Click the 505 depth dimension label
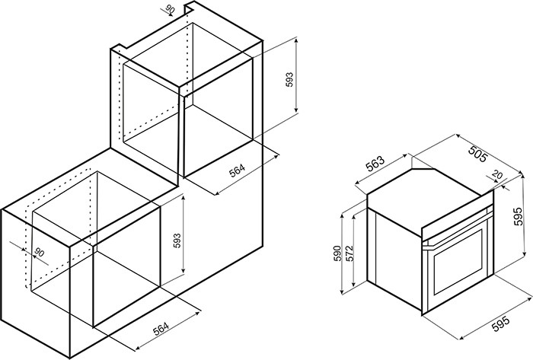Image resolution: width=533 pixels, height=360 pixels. (x=478, y=154)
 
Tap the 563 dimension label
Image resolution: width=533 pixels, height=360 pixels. (x=375, y=164)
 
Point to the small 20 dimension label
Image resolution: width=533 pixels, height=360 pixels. (x=497, y=175)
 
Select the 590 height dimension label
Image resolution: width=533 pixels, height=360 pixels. (x=337, y=253)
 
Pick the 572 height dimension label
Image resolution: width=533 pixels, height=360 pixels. (x=349, y=253)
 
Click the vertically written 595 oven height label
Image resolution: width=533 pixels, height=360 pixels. (x=518, y=216)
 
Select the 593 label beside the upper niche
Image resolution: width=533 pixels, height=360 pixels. (x=289, y=79)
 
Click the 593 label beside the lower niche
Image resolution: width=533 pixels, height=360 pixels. (x=177, y=241)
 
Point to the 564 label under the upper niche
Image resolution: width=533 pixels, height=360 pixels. (x=237, y=170)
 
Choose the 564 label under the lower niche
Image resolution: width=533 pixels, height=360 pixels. (x=161, y=329)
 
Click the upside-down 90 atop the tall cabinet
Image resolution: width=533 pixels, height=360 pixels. (x=170, y=9)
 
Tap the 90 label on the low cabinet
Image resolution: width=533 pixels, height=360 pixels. (x=40, y=253)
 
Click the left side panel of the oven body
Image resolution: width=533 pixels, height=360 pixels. (x=394, y=258)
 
